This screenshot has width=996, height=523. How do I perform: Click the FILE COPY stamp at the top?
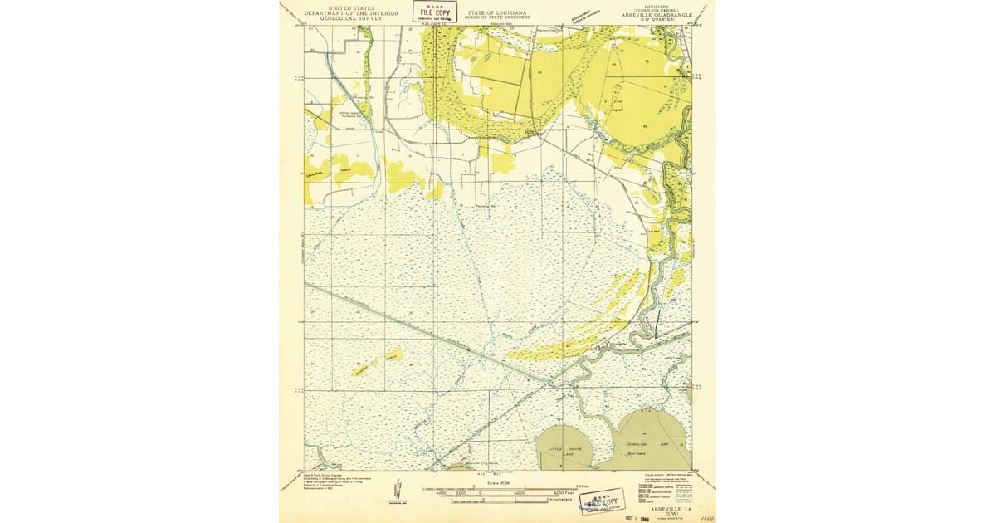pyautogui.click(x=434, y=12)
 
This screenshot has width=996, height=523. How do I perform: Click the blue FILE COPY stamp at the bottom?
pyautogui.click(x=603, y=501)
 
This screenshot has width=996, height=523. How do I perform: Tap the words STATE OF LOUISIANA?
pyautogui.click(x=497, y=12)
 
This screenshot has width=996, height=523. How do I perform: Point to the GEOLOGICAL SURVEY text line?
pyautogui.click(x=343, y=18)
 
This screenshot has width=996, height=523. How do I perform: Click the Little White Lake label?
pyautogui.click(x=564, y=449)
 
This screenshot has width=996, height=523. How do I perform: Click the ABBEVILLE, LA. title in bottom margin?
pyautogui.click(x=662, y=508)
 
